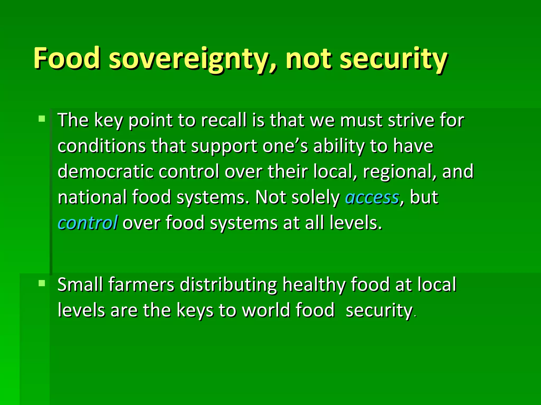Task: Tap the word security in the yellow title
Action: pyautogui.click(x=394, y=59)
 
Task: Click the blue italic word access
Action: pyautogui.click(x=372, y=197)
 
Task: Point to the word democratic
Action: pyautogui.click(x=105, y=171)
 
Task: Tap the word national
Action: pyautogui.click(x=92, y=197)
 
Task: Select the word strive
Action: pyautogui.click(x=411, y=120)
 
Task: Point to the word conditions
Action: pyautogui.click(x=101, y=146)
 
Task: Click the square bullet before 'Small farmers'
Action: pyautogui.click(x=42, y=283)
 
